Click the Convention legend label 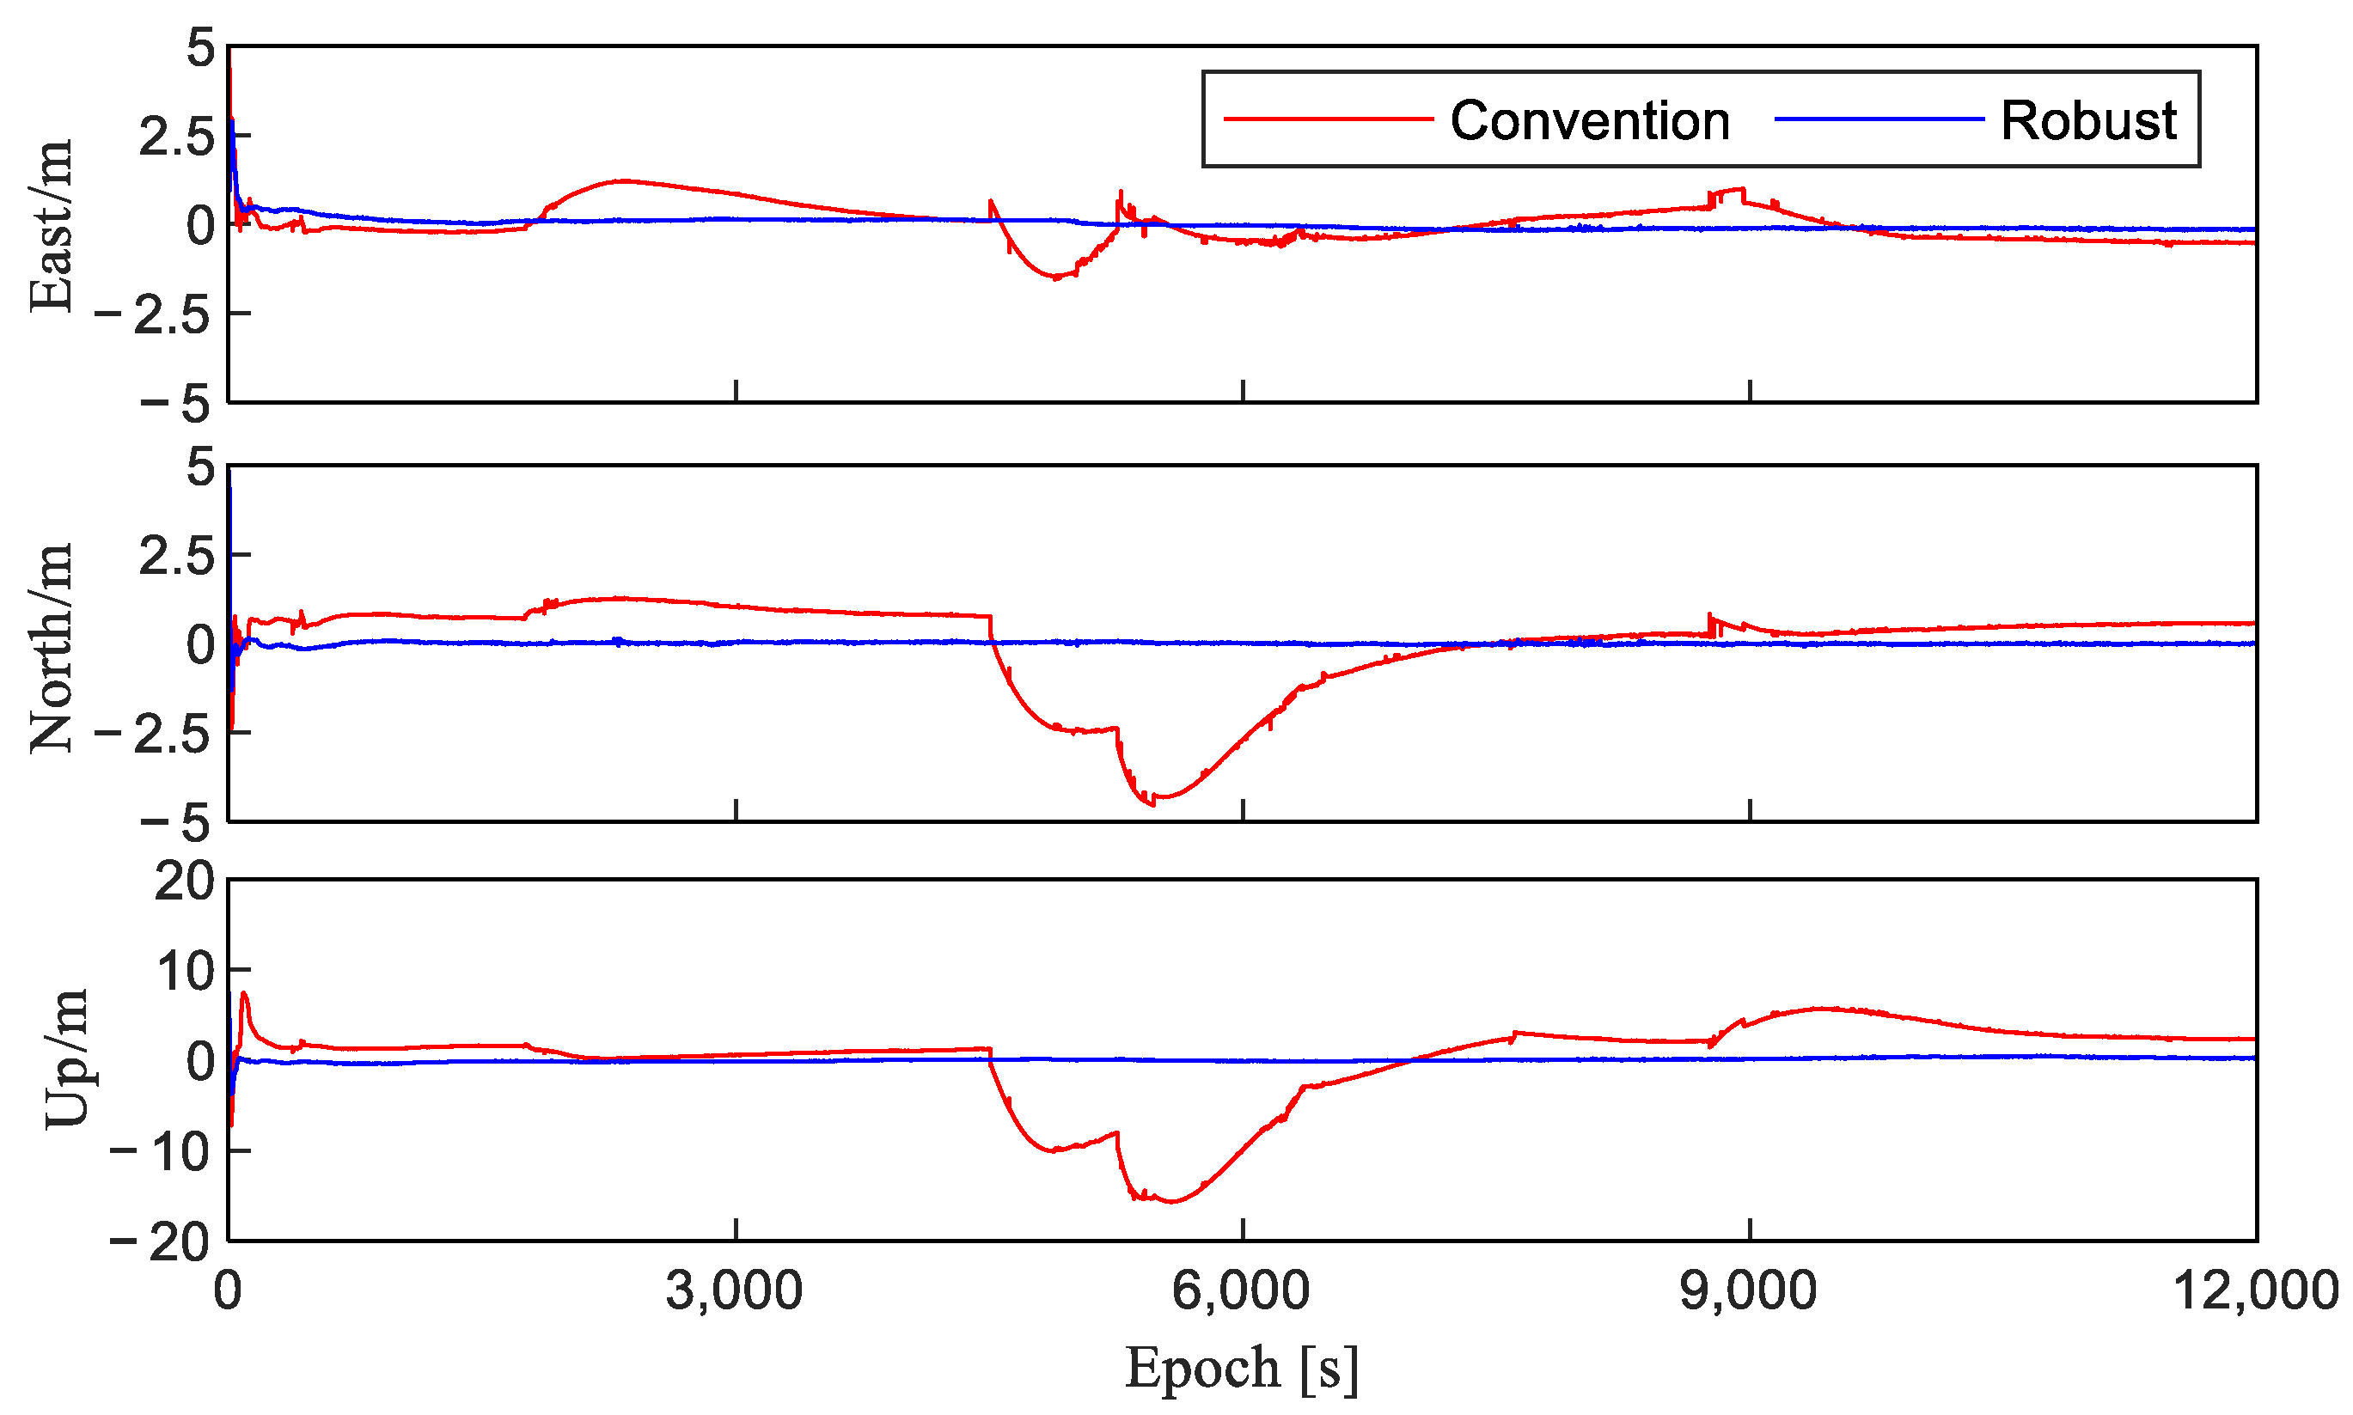[x=1589, y=121]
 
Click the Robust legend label [x=2087, y=121]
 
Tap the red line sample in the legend [x=1328, y=119]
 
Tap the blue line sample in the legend [x=1878, y=119]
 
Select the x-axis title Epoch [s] [x=1241, y=1369]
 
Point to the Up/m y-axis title [x=67, y=1059]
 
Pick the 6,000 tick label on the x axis [x=1241, y=1292]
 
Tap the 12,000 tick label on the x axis [x=2255, y=1292]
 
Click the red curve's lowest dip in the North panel [x=1153, y=804]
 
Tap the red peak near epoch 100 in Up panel [x=244, y=993]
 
